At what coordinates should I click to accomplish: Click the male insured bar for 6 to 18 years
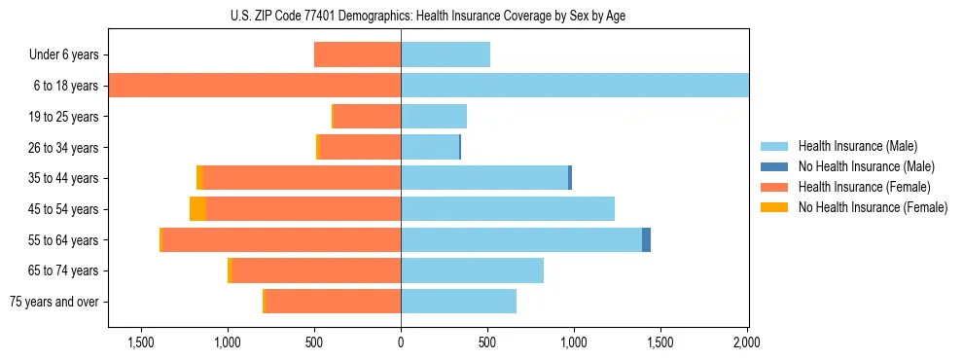point(574,86)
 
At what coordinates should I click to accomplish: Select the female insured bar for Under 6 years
point(357,54)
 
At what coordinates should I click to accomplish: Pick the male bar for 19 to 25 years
point(434,117)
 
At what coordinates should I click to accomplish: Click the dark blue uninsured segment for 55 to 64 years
point(646,240)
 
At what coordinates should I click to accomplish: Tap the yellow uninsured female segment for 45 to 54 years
point(197,209)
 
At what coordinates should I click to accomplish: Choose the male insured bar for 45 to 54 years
point(508,209)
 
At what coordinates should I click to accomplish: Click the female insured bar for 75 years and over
point(333,302)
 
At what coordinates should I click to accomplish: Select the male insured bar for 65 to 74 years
point(472,270)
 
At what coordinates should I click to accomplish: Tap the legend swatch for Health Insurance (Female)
point(774,187)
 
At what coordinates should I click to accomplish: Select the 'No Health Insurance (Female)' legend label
point(873,207)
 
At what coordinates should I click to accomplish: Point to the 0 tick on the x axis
point(401,343)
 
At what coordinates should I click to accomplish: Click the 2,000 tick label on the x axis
point(746,343)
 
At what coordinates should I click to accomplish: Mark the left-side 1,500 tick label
point(141,343)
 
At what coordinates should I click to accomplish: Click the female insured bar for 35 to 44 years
point(302,178)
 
